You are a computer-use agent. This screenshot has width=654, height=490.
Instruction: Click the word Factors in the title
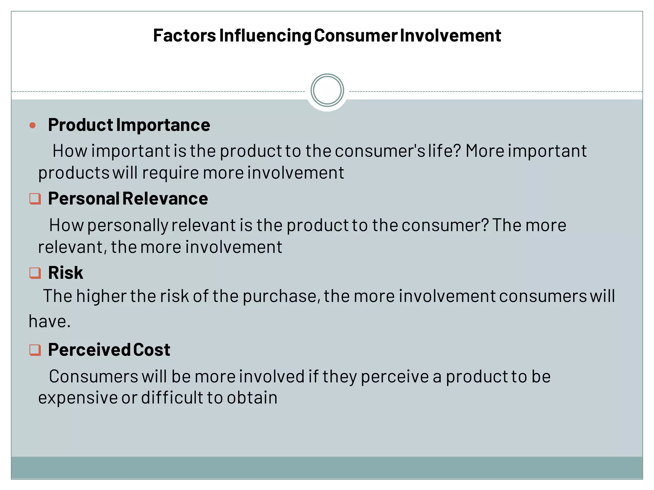184,35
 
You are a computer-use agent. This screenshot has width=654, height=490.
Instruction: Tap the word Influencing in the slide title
265,35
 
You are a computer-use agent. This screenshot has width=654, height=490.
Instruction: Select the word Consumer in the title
356,35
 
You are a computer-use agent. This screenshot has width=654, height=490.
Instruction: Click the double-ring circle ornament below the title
327,90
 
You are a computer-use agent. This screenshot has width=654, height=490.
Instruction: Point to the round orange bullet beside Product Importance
33,125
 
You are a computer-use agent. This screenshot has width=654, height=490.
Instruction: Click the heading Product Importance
129,125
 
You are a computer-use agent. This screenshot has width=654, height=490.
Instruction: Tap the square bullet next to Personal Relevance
35,199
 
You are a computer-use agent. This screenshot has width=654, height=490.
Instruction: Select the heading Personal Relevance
128,198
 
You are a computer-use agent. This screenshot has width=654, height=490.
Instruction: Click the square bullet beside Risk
35,273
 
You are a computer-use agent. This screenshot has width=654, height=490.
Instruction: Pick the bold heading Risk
65,273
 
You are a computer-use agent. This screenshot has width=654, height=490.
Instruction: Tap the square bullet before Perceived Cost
35,350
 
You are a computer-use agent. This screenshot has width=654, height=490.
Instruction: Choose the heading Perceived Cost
109,350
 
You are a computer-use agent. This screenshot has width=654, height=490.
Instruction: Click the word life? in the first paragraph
445,151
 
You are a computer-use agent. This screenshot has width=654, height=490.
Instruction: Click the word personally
128,225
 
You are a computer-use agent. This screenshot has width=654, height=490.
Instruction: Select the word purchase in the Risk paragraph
281,296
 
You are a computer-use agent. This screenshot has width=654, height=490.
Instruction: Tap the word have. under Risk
49,321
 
